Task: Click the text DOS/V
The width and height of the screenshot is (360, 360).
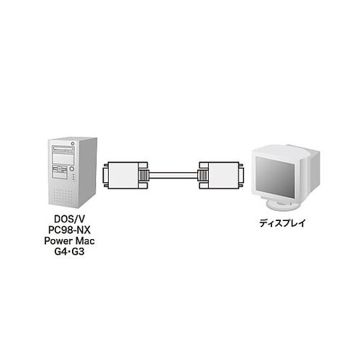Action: tap(69, 219)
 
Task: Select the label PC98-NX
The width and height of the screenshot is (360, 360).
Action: tap(69, 230)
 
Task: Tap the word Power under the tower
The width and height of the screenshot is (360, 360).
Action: tap(58, 240)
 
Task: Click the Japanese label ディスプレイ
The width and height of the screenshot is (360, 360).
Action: tap(282, 223)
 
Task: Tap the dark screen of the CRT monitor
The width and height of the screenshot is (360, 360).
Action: tap(275, 176)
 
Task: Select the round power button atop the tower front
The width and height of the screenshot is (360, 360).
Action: tap(73, 143)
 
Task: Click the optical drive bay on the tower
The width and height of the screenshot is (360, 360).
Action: tap(63, 150)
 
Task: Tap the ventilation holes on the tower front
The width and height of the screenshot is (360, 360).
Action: tap(63, 195)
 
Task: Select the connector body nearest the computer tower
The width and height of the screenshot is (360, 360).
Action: tap(123, 176)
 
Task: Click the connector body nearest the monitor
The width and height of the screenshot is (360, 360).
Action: tap(224, 176)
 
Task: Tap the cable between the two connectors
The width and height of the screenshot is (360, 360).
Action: tap(174, 176)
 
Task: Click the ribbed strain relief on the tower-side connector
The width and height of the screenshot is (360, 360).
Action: tap(144, 176)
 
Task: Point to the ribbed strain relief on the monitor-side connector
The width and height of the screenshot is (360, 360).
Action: tap(203, 176)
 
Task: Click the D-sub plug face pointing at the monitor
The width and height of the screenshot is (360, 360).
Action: tap(242, 176)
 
